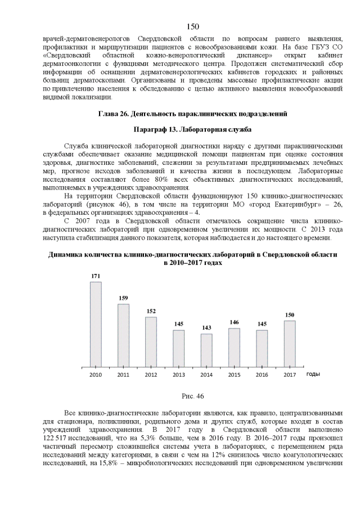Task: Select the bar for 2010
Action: (x=96, y=323)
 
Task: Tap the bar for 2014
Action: (x=206, y=349)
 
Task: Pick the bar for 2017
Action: (x=290, y=343)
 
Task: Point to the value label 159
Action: (x=123, y=298)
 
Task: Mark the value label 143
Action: (x=206, y=328)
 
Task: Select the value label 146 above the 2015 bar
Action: (x=234, y=322)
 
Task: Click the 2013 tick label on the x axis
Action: (x=178, y=375)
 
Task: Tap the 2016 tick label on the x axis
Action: (x=262, y=375)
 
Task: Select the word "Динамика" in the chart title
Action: (x=67, y=254)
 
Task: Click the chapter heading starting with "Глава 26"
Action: (x=192, y=114)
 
